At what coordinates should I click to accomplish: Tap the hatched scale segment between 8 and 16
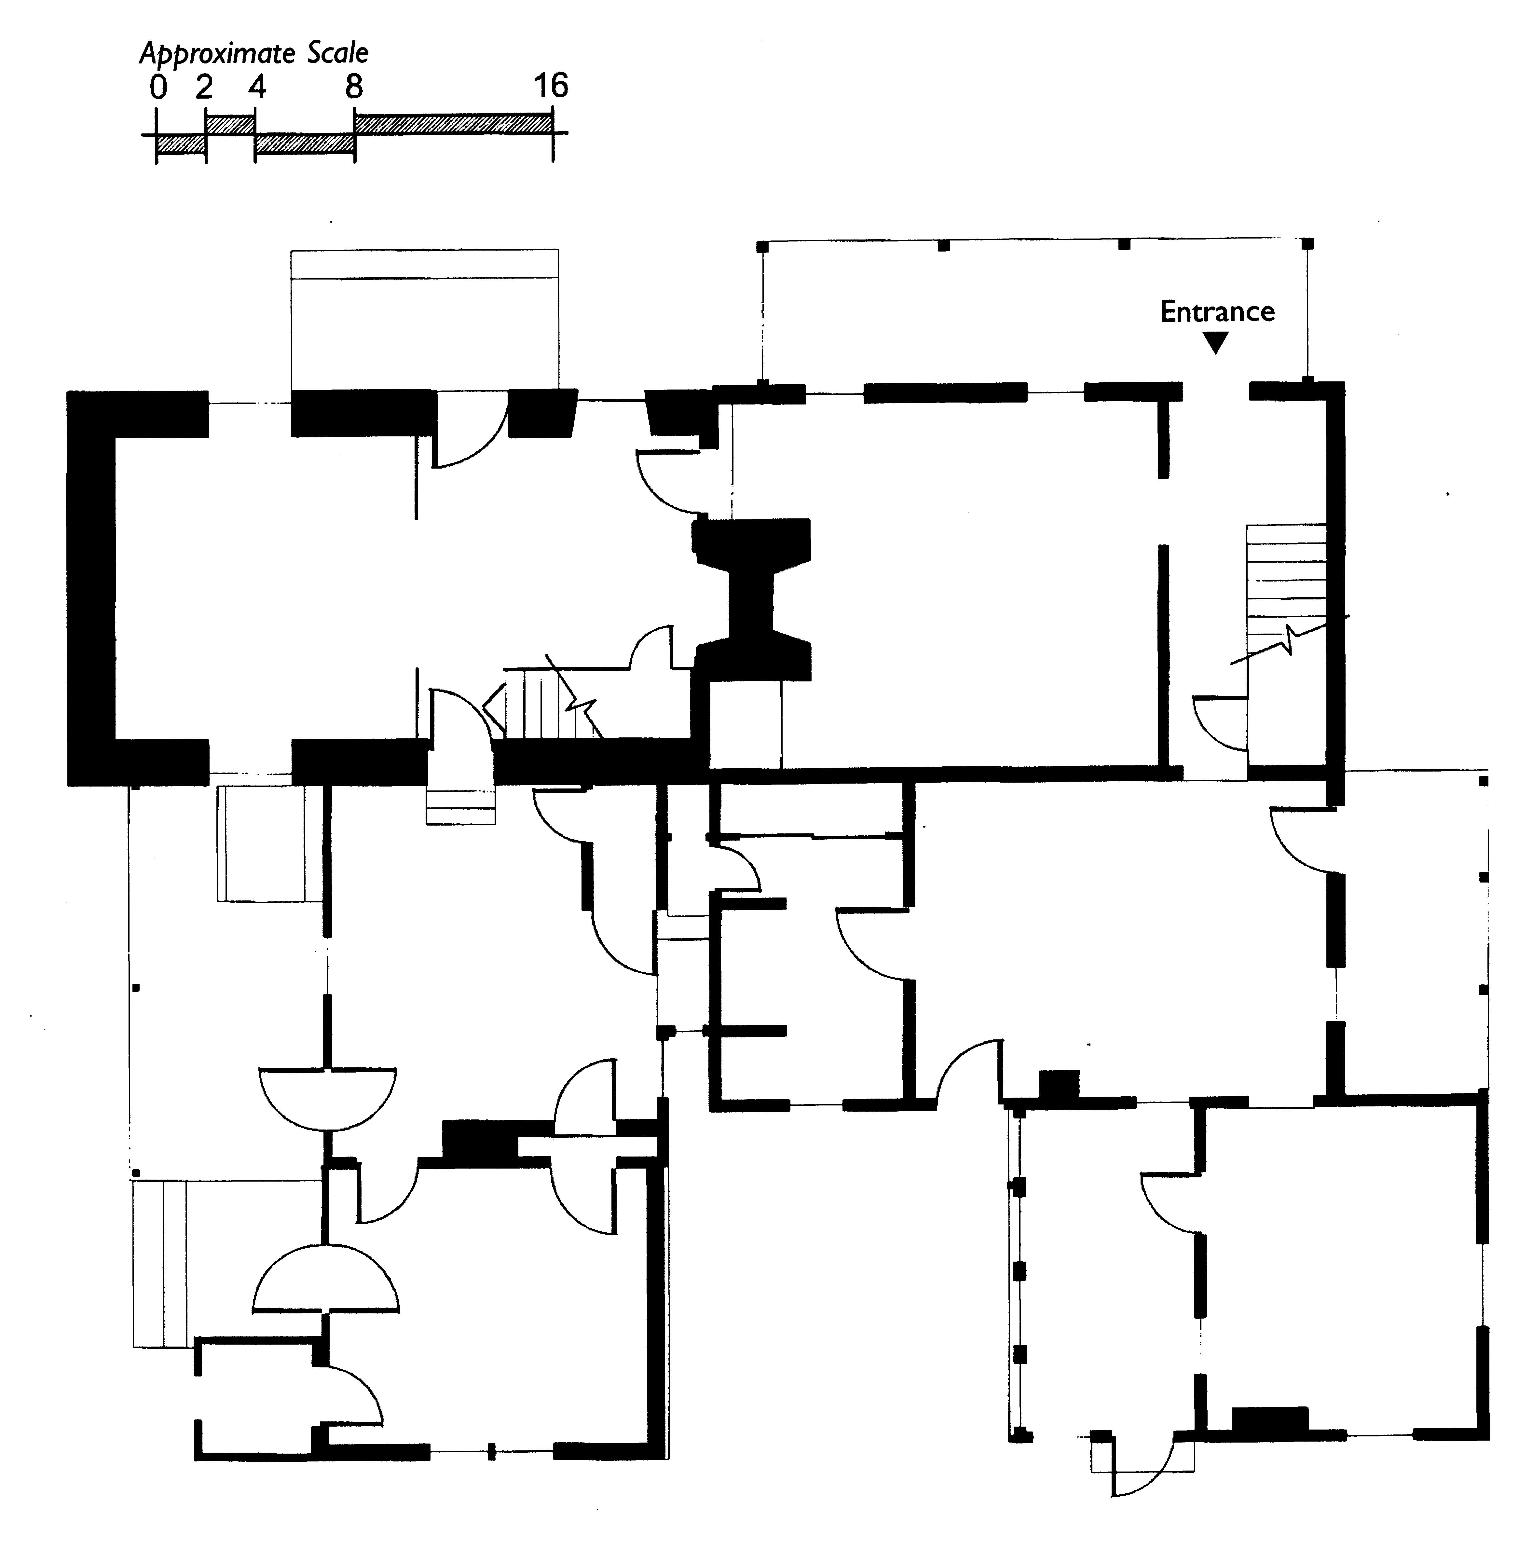(454, 123)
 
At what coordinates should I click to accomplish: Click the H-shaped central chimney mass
(752, 599)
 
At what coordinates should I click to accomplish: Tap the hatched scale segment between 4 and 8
(305, 144)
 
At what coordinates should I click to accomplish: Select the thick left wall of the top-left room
(91, 588)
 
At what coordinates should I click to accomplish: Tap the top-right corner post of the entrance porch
(1308, 244)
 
